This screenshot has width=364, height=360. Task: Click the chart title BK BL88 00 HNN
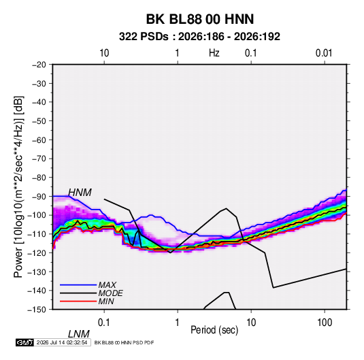[x=200, y=19]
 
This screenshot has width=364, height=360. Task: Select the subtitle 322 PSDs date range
[x=199, y=37]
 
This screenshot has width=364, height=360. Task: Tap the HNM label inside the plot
[x=80, y=193]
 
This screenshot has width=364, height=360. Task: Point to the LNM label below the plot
[x=79, y=334]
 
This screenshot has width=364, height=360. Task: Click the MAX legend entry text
[x=107, y=284]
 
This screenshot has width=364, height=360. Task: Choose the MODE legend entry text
[x=110, y=293]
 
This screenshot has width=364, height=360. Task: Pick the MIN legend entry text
[x=106, y=301]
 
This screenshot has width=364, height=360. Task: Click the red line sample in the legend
[x=78, y=301]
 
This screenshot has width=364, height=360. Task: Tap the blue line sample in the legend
[x=78, y=285]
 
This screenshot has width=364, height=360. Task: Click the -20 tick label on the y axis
[x=39, y=65]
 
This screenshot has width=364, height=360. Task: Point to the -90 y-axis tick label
[x=39, y=196]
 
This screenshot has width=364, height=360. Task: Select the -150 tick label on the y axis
[x=37, y=310]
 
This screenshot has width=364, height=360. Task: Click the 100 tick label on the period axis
[x=325, y=322]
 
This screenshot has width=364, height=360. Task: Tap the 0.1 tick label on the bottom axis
[x=104, y=322]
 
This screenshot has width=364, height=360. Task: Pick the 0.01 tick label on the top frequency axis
[x=324, y=53]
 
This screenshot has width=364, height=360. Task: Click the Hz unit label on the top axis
[x=214, y=53]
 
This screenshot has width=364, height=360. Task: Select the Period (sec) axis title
[x=214, y=330]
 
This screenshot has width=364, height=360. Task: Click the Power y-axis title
[x=18, y=186]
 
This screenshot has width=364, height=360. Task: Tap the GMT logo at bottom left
[x=25, y=342]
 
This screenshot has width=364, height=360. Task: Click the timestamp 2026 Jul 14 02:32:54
[x=62, y=342]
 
